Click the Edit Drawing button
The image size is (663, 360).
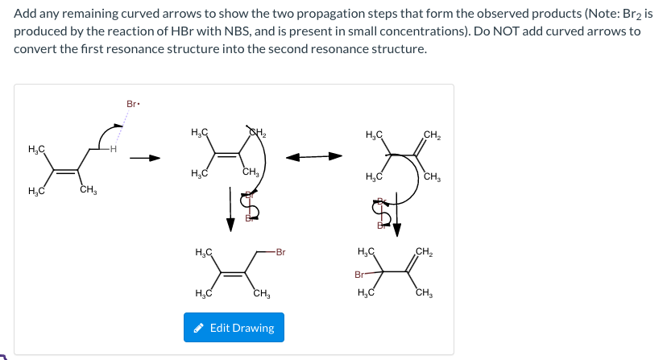pyautogui.click(x=234, y=328)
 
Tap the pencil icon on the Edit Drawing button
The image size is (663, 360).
pyautogui.click(x=198, y=328)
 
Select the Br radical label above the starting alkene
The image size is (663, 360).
pyautogui.click(x=134, y=104)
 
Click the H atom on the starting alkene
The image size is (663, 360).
pyautogui.click(x=114, y=150)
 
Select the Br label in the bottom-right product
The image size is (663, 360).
pyautogui.click(x=360, y=275)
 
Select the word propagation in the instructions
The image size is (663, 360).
pyautogui.click(x=341, y=14)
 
